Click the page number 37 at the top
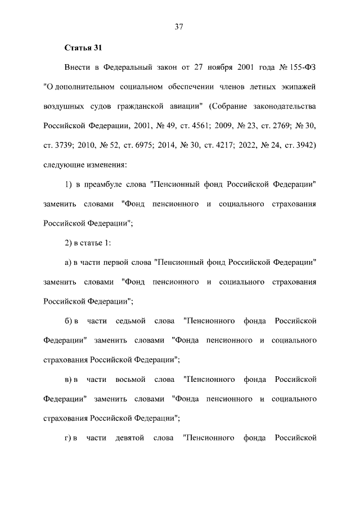[180, 26]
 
